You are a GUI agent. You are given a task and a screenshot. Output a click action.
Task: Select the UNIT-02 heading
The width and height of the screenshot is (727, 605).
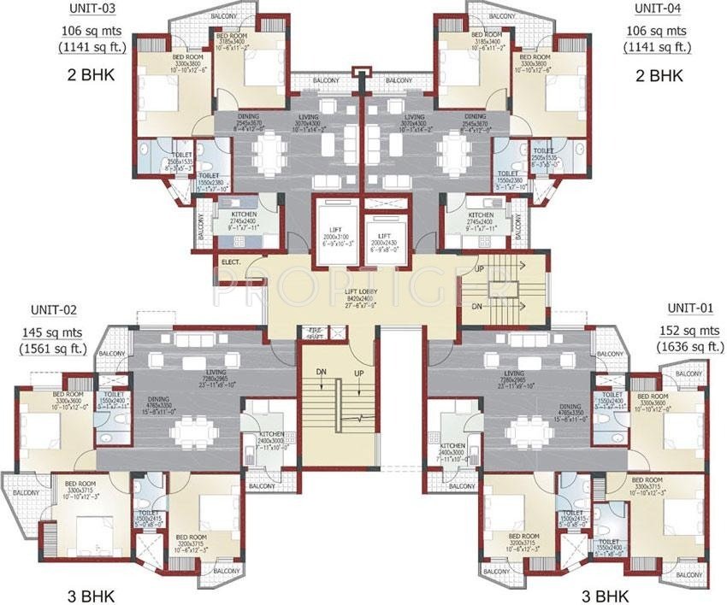52,309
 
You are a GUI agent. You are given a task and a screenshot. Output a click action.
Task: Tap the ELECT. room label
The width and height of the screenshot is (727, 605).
229,262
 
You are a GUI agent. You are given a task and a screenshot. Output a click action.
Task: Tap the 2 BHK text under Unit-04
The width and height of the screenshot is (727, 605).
659,75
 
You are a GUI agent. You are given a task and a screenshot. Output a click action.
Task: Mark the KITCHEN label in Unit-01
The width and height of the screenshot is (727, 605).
452,447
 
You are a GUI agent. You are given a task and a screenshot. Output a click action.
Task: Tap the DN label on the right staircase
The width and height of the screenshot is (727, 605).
479,305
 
